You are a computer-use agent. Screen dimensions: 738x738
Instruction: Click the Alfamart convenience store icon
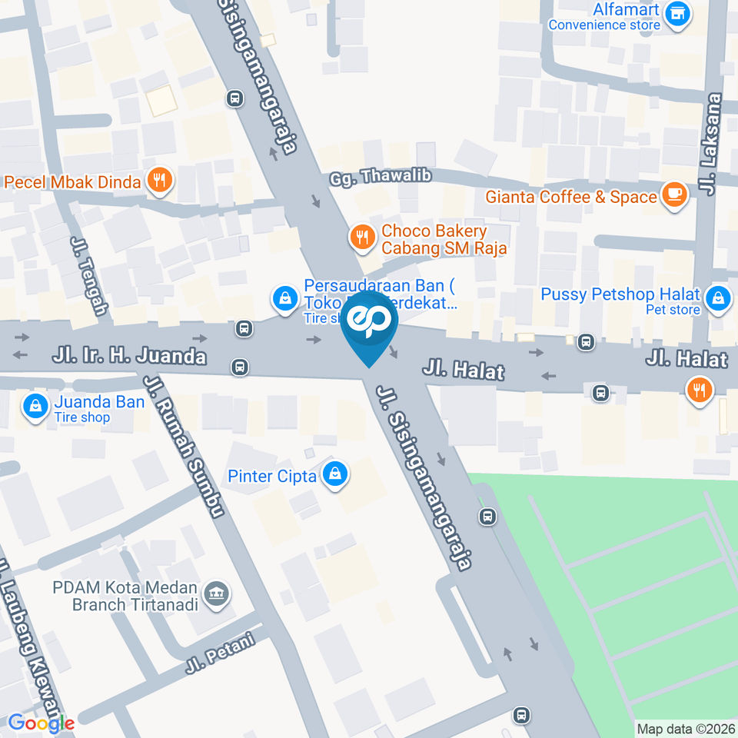coord(677,13)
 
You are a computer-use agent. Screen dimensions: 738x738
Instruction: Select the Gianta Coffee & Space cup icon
coord(675,196)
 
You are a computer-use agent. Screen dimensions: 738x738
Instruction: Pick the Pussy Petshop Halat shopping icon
coord(718,300)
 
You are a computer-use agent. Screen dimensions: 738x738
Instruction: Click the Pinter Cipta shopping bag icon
coord(335,476)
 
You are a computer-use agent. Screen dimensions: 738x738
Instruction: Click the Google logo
coord(41,723)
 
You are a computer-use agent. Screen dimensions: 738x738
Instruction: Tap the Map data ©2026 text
coord(685,728)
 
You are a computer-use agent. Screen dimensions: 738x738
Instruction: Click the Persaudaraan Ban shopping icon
coord(284,298)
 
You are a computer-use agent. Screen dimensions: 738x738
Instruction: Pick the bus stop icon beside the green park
coord(487,516)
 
